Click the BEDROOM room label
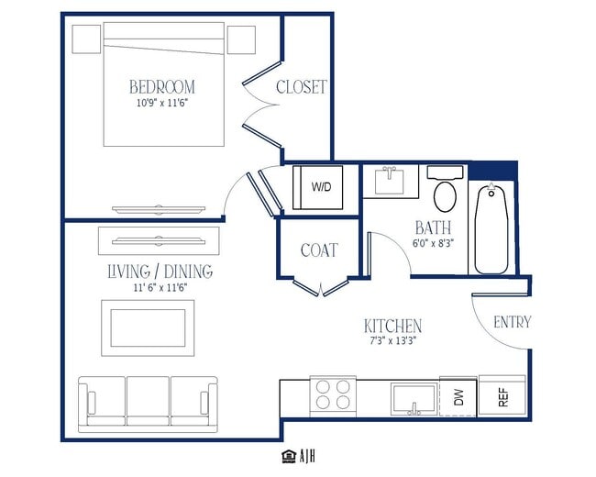click(162, 87)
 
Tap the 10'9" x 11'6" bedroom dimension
click(162, 103)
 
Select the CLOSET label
click(302, 87)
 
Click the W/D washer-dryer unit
click(318, 187)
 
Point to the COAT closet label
click(319, 250)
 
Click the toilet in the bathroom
click(445, 189)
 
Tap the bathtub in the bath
click(491, 228)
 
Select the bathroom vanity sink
click(389, 182)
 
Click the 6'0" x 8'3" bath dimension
click(434, 243)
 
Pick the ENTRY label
click(513, 322)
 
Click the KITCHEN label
click(393, 327)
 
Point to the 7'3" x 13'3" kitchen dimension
click(393, 340)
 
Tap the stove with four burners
click(333, 396)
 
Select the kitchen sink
click(414, 399)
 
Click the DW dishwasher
click(458, 397)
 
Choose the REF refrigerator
click(502, 396)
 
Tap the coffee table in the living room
click(148, 327)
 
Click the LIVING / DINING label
click(160, 272)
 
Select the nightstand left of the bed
click(87, 39)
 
